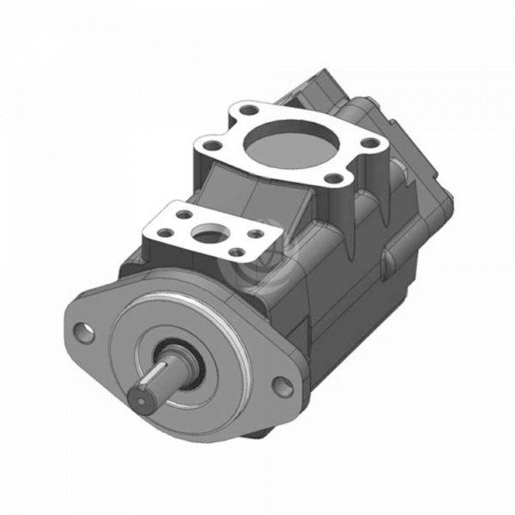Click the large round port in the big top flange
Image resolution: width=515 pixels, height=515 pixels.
[288, 141]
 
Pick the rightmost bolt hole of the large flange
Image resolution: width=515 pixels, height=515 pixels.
[370, 142]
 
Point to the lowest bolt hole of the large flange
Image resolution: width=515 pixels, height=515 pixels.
[333, 179]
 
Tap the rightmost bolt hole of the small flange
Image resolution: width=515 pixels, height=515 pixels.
[255, 231]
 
